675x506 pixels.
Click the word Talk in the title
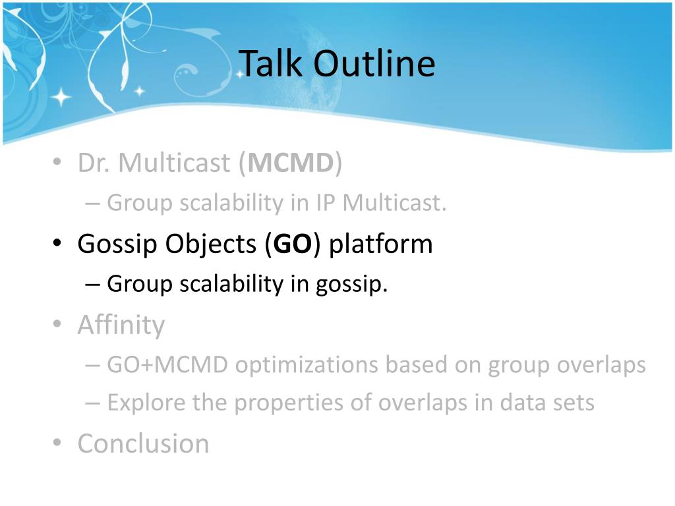(x=270, y=63)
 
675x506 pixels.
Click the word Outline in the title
(x=374, y=63)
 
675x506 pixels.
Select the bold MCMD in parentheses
(x=291, y=163)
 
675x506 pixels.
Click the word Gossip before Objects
(x=117, y=244)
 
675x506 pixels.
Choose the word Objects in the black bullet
(x=211, y=244)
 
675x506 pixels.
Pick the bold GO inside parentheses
(x=292, y=244)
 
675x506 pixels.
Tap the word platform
(x=381, y=244)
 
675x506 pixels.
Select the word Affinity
(x=121, y=325)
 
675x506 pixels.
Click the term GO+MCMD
(x=167, y=365)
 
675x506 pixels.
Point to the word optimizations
(x=307, y=366)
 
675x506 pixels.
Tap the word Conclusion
(x=143, y=443)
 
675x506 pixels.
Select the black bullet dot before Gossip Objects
(x=57, y=242)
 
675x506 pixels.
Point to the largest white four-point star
(x=61, y=98)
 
